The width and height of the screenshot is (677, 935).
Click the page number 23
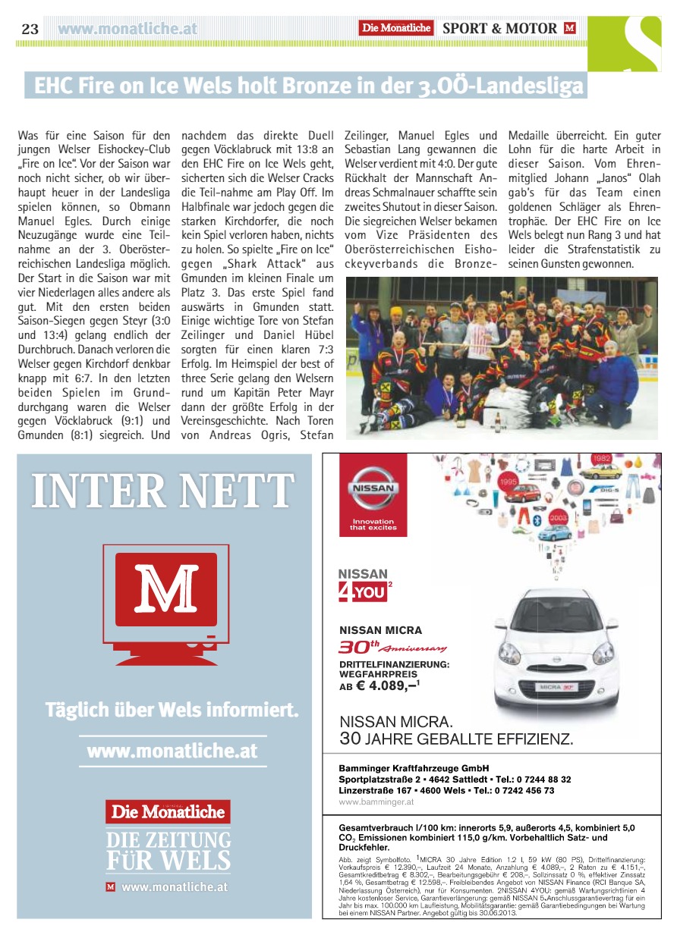point(30,29)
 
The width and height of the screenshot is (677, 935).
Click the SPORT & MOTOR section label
point(499,29)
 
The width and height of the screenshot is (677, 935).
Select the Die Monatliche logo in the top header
point(396,28)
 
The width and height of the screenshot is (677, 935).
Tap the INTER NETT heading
point(163,491)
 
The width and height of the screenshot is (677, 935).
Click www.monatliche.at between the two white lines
point(172,751)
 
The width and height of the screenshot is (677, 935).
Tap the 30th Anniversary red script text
point(392,647)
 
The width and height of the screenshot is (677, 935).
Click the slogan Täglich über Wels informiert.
point(172,711)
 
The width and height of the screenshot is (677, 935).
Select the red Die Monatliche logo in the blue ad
point(168,811)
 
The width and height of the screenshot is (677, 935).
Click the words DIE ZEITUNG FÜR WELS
point(168,850)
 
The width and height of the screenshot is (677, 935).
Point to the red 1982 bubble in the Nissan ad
point(602,460)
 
